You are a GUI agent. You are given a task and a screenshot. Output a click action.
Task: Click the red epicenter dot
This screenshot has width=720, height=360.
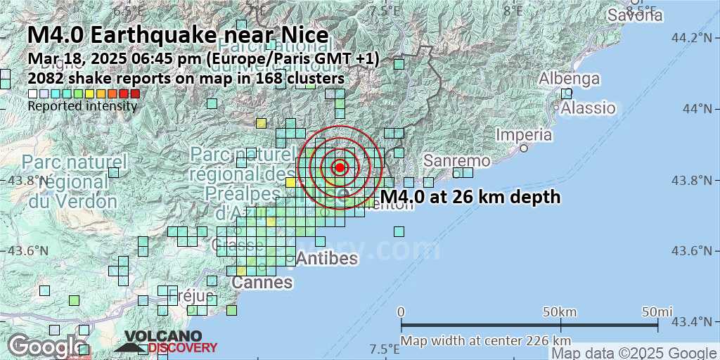point(340,167)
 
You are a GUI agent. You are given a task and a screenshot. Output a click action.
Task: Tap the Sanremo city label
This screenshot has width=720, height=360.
point(456,161)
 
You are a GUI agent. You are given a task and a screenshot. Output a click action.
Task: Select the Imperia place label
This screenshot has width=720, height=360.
point(524,134)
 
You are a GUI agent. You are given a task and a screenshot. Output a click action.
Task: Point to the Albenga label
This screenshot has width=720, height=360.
point(570,79)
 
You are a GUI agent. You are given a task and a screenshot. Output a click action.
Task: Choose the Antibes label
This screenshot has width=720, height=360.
point(327,258)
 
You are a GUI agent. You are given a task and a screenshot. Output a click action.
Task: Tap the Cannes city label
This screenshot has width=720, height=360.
point(263,283)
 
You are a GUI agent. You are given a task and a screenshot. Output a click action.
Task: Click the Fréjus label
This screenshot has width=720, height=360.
point(191,295)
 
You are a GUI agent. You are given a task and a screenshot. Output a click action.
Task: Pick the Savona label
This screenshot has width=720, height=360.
point(635,15)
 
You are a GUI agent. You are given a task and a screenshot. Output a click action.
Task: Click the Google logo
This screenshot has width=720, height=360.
point(46,346)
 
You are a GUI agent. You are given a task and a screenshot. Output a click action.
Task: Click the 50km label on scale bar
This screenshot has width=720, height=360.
point(560,311)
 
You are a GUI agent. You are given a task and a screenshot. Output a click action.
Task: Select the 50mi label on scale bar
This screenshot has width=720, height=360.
point(657,311)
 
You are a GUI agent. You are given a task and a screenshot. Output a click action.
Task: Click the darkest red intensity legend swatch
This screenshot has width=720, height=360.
point(135,94)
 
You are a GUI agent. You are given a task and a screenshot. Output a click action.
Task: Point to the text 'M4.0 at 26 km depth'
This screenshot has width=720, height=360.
point(470,197)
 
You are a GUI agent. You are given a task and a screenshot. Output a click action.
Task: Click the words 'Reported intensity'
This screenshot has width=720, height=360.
point(82,106)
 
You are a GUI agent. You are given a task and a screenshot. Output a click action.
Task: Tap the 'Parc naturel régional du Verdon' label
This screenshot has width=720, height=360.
point(74,181)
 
